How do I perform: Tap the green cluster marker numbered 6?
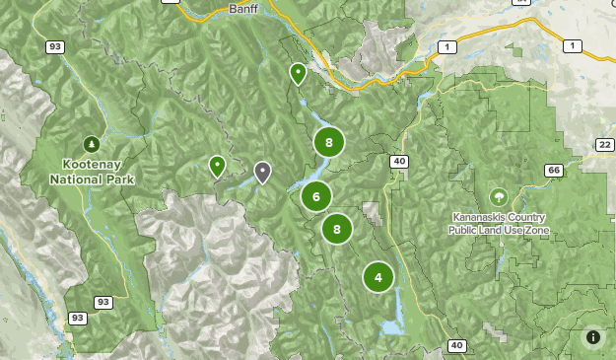tap(316, 196)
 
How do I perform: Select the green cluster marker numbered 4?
tap(378, 277)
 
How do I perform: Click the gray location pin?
tap(262, 172)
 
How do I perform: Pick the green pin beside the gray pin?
tap(217, 165)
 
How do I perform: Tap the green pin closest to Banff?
tap(297, 72)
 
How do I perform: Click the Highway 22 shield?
tap(604, 145)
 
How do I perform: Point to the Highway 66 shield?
tap(554, 171)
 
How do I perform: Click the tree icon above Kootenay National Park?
tap(92, 144)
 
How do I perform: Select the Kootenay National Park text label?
tap(92, 172)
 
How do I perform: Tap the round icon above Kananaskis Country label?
tap(499, 196)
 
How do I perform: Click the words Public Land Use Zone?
tap(499, 231)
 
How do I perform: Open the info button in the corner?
tap(592, 336)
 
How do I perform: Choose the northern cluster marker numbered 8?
tap(329, 142)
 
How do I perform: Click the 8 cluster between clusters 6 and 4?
tap(337, 229)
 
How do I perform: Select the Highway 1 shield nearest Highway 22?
tap(571, 46)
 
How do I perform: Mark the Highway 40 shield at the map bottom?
tap(455, 345)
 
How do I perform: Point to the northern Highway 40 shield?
tap(398, 162)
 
